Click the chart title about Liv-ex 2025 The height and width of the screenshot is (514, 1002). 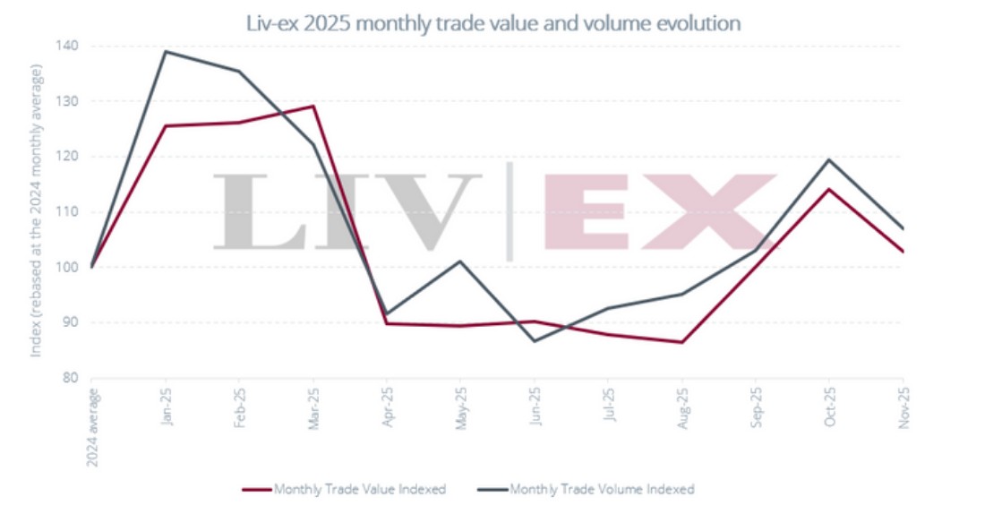pos(493,23)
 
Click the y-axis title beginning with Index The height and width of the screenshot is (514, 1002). pos(37,210)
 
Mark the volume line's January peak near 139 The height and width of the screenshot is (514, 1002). pos(166,51)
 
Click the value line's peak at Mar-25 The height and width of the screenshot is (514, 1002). pos(313,106)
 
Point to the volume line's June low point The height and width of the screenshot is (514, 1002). pos(535,341)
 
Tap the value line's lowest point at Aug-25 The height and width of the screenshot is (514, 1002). pos(683,342)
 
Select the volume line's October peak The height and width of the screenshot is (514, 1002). pos(830,159)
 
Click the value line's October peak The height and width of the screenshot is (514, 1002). pos(830,189)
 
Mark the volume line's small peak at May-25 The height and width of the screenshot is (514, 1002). pos(461,261)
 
